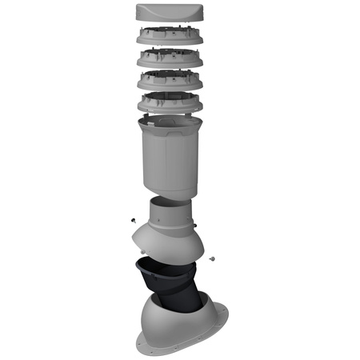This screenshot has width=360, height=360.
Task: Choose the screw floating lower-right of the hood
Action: (212, 258)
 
